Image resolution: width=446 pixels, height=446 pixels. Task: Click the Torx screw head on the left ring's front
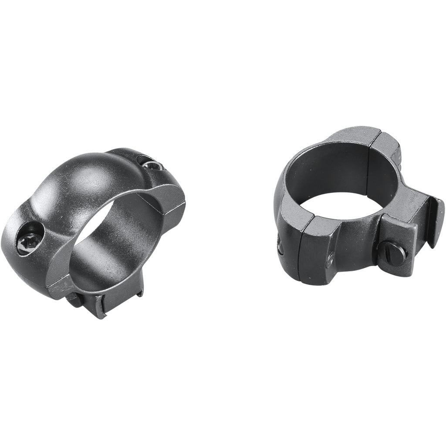(x=29, y=239)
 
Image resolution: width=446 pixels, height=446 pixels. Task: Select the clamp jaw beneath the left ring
(x=100, y=307)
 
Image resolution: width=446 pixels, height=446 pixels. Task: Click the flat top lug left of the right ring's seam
(x=348, y=135)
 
